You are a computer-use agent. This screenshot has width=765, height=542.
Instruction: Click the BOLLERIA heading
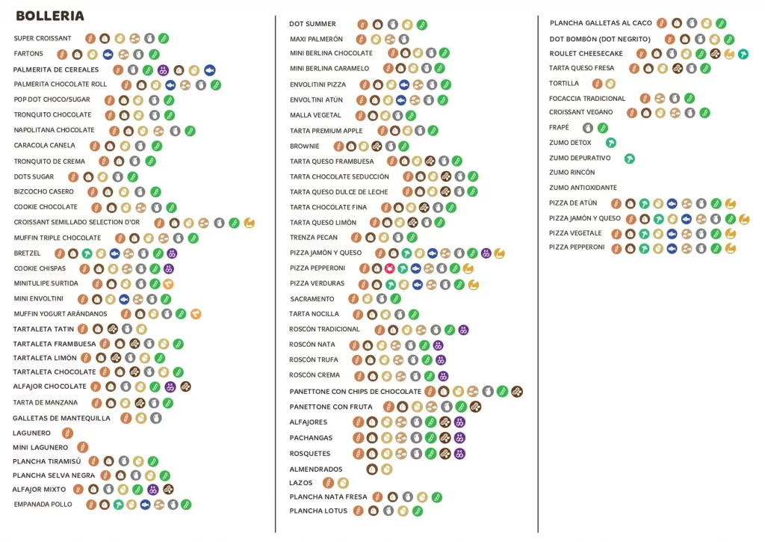click(50, 16)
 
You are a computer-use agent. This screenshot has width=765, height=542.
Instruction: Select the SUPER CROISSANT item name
click(43, 38)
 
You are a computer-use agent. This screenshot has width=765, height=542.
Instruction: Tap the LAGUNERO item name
click(32, 433)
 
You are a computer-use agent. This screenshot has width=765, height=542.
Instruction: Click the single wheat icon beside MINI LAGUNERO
click(82, 447)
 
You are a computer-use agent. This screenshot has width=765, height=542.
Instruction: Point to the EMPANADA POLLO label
click(43, 505)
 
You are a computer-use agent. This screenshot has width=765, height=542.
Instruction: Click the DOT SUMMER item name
click(312, 24)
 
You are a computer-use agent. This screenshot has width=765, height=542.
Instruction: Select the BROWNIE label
click(305, 147)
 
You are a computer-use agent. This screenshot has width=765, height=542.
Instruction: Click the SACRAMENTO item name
click(312, 299)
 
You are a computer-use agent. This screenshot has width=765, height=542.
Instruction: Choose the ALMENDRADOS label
click(316, 469)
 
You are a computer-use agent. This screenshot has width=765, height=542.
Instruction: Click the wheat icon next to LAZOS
click(328, 483)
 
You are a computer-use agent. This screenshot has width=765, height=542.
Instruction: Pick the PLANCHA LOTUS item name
click(318, 511)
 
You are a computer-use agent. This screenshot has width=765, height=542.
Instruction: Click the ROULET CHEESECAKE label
click(586, 54)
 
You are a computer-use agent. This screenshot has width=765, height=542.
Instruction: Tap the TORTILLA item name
click(564, 84)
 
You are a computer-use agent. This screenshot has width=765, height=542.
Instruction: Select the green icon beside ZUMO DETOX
click(611, 143)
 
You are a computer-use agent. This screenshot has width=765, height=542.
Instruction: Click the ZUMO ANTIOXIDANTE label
click(583, 188)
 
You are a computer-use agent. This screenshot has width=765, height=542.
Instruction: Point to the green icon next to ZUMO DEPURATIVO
click(629, 158)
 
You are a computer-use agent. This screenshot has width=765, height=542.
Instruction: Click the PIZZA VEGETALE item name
click(575, 233)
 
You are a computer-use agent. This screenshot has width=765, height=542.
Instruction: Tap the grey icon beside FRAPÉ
click(588, 128)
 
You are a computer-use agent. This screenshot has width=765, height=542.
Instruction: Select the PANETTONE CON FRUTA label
click(331, 407)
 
